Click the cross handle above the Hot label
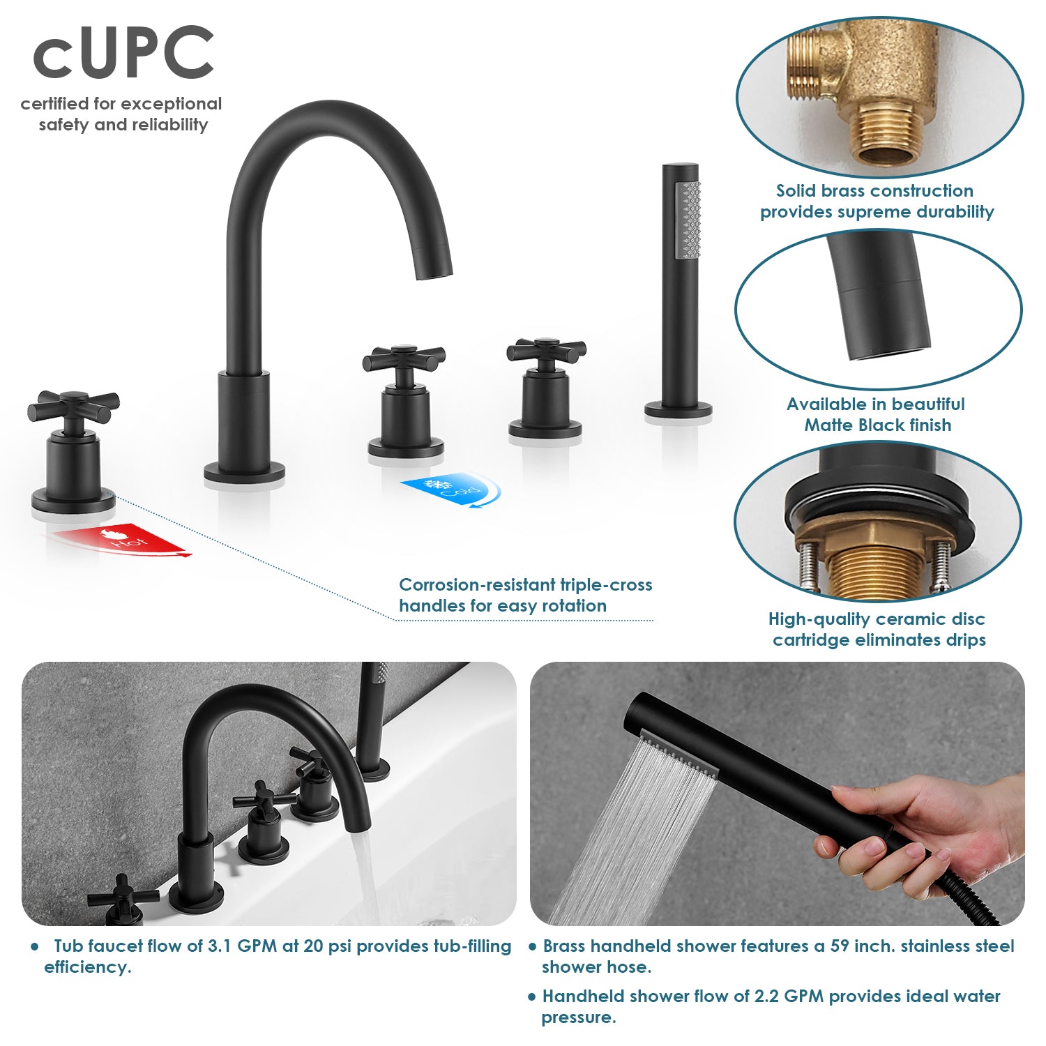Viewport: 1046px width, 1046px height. pyautogui.click(x=73, y=407)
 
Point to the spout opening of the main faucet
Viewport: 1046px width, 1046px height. pyautogui.click(x=435, y=275)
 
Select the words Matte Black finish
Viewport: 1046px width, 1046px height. pyautogui.click(x=878, y=425)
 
